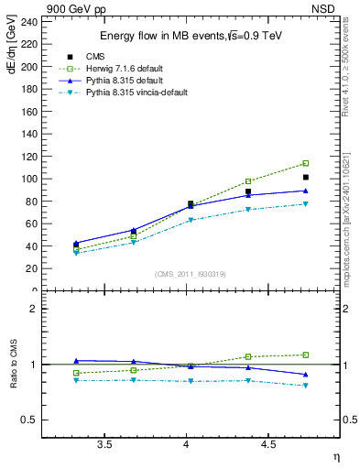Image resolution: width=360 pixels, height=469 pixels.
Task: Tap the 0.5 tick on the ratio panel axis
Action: pos(31,420)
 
